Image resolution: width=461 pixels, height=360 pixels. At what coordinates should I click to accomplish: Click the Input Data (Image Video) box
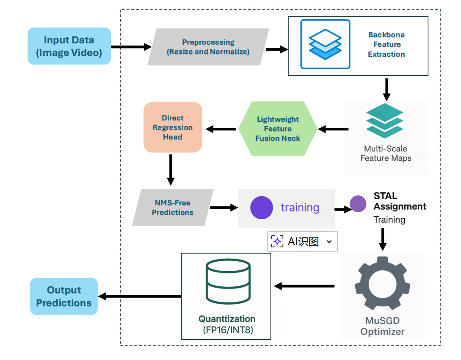[69, 46]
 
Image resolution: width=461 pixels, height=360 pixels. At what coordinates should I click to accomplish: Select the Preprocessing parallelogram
[208, 47]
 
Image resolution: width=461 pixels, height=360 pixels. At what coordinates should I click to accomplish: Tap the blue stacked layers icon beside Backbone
[325, 44]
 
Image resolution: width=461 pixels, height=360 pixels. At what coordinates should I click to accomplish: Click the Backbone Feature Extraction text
[386, 44]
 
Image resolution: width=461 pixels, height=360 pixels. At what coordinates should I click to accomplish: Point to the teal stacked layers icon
[385, 120]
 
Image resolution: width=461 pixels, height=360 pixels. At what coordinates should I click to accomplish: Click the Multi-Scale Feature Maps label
[386, 153]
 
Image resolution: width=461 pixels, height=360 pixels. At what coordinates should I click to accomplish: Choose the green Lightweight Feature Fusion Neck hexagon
[278, 129]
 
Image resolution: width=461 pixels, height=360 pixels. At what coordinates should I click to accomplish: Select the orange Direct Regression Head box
[172, 127]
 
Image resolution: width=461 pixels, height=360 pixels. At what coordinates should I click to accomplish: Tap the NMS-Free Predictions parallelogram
[172, 208]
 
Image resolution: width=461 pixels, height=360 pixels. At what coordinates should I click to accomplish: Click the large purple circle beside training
[261, 208]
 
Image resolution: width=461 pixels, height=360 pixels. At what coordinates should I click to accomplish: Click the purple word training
[300, 208]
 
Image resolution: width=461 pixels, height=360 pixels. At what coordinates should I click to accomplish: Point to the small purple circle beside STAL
[358, 204]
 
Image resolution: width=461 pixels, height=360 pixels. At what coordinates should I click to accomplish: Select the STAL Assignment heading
[399, 201]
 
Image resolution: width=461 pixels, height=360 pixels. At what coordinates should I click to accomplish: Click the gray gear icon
[382, 283]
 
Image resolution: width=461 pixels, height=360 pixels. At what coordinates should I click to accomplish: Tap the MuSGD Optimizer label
[382, 326]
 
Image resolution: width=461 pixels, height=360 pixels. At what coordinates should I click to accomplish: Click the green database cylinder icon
[228, 281]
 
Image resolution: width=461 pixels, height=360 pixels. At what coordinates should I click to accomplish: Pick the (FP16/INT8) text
[228, 330]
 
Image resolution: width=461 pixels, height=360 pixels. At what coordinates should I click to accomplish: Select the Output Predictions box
[64, 296]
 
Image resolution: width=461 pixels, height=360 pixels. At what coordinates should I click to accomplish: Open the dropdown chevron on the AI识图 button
[329, 242]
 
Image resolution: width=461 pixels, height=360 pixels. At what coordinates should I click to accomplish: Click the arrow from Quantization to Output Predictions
[140, 296]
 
